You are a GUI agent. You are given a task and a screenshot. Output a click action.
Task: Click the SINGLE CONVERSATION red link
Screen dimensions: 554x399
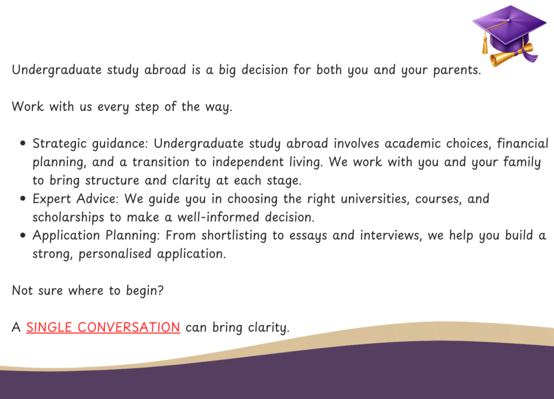(103, 327)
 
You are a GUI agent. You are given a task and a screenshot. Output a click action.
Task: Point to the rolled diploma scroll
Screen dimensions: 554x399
(512, 55)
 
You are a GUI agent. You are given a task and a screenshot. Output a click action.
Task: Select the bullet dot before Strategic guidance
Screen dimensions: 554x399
(23, 143)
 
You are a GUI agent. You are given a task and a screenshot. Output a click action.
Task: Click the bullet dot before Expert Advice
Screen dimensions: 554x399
(23, 199)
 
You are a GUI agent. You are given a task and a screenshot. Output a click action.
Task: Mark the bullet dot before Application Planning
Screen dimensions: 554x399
(23, 236)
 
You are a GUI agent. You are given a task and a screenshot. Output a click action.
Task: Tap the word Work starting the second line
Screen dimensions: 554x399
(28, 106)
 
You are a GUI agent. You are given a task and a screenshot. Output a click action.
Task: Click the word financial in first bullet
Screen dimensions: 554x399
(523, 143)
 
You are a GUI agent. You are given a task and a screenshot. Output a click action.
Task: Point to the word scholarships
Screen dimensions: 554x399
(68, 217)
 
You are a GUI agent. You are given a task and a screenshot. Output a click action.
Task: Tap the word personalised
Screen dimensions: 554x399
(115, 254)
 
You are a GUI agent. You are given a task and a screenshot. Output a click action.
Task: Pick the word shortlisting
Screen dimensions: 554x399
(234, 236)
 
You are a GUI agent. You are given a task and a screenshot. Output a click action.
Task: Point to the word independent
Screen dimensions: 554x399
(248, 162)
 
